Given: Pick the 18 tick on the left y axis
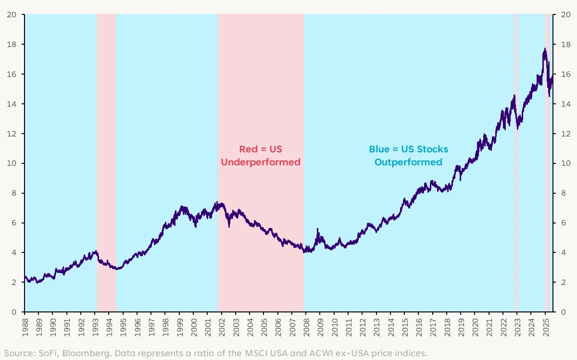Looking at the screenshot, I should click(x=14, y=44).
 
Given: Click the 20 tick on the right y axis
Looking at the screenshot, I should click(x=563, y=14).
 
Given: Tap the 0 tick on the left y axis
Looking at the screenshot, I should click(x=16, y=312).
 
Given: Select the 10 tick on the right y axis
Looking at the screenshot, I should click(x=563, y=163).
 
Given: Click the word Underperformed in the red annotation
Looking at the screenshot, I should click(x=261, y=162).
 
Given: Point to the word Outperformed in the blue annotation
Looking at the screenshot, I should click(x=408, y=162).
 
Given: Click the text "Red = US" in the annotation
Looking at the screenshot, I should click(x=261, y=149).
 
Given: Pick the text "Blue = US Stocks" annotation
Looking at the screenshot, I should click(x=408, y=149).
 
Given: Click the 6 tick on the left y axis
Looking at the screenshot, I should click(x=16, y=223).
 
